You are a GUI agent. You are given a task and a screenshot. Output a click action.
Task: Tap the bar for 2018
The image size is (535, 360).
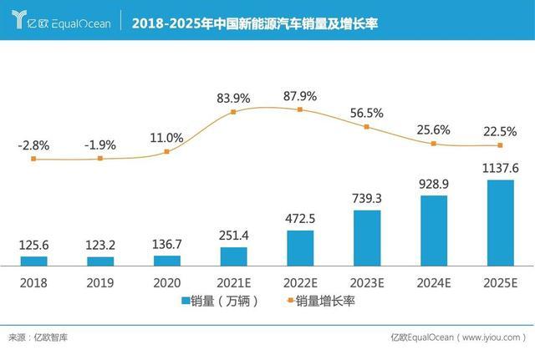coord(33,261)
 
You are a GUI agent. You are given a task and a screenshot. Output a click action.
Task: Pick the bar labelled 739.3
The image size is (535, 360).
coord(367,238)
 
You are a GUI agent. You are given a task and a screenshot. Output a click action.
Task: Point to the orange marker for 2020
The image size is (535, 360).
coord(167,151)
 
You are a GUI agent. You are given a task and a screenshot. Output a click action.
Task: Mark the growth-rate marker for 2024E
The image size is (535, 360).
coord(433,144)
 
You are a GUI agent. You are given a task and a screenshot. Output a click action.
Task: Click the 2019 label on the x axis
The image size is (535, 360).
coord(100,281)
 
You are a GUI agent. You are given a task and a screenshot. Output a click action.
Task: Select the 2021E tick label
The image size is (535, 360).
coord(233,281)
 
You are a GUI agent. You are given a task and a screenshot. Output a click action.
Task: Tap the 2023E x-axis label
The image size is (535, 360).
coord(367,281)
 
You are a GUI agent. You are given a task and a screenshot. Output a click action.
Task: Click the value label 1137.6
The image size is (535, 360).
coord(500,169)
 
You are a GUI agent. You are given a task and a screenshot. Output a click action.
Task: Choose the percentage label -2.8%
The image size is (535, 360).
coord(33,145)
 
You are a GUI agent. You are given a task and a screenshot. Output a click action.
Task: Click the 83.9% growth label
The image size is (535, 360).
coord(233,99)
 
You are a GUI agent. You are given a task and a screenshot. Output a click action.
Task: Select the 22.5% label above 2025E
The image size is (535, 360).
coord(500,130)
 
